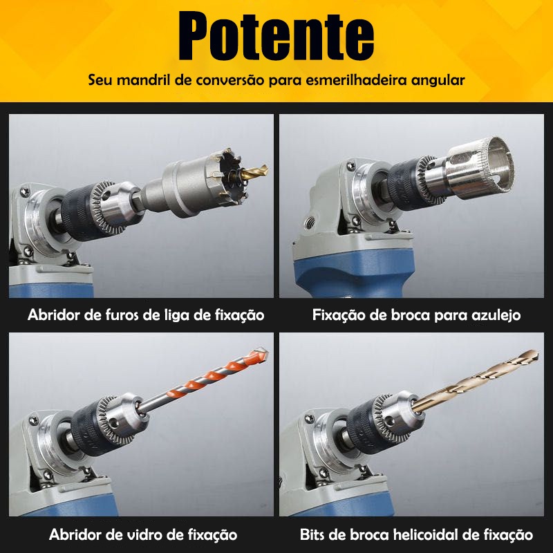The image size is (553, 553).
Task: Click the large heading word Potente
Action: pyautogui.click(x=276, y=36)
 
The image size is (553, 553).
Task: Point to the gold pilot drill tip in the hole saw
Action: pyautogui.click(x=254, y=171)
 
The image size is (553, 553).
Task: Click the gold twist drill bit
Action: pyautogui.click(x=475, y=381)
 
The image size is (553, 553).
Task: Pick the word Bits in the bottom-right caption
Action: pyautogui.click(x=312, y=534)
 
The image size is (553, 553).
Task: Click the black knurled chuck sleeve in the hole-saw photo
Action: pyautogui.click(x=80, y=211)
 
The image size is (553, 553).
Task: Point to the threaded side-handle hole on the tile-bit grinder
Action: pyautogui.click(x=310, y=222)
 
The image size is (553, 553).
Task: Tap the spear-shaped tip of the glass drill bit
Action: pyautogui.click(x=261, y=353)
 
